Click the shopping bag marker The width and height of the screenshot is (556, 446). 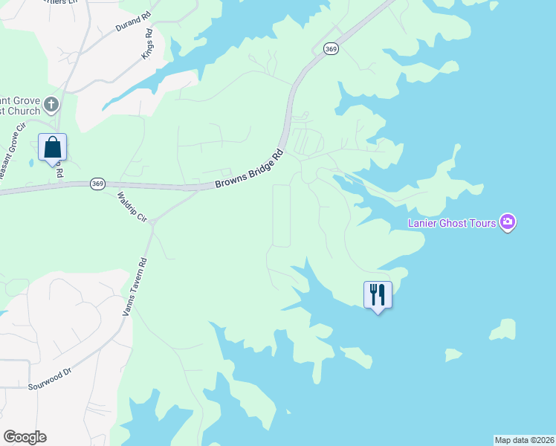tap(52, 147)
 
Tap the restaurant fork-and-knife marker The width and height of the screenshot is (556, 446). tap(378, 294)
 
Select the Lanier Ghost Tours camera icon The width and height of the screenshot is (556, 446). tap(508, 222)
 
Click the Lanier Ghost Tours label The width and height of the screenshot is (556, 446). tap(453, 223)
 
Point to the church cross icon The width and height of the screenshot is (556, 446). tap(51, 103)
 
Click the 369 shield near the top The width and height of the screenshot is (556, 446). tap(331, 48)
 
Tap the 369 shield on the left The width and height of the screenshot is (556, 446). tap(97, 183)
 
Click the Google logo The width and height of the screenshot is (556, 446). tap(25, 437)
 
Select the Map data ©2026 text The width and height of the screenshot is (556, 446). tap(524, 440)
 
